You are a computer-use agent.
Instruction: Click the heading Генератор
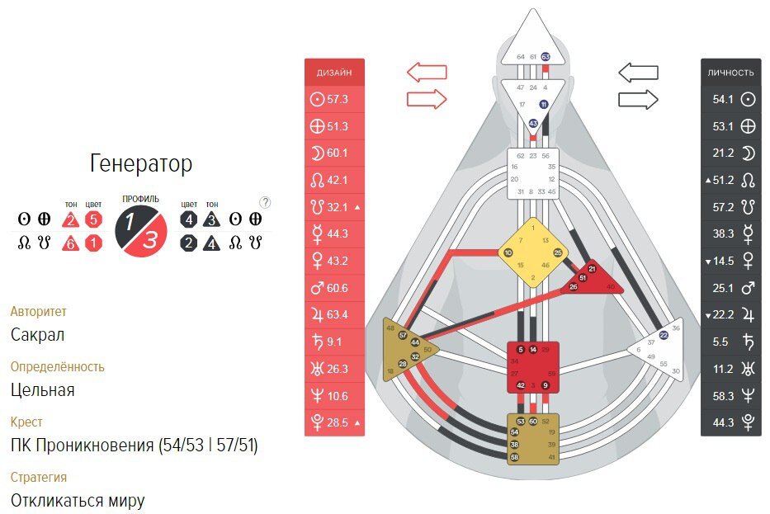point(140,163)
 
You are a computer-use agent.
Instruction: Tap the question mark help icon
point(265,202)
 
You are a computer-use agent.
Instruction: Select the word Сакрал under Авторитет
point(38,334)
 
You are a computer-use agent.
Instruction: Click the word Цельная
point(43,389)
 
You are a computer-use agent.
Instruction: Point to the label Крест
point(26,422)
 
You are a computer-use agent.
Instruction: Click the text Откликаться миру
point(78,500)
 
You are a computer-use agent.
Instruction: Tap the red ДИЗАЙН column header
point(334,73)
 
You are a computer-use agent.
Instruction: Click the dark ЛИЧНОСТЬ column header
point(730,73)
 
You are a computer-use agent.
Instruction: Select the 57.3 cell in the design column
point(334,99)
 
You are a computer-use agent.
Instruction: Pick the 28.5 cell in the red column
point(334,422)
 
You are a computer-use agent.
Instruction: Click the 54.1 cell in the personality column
point(730,99)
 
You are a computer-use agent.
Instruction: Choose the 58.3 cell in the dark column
point(730,397)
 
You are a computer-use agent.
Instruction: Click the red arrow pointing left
point(427,72)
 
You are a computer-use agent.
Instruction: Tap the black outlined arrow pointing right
point(638,100)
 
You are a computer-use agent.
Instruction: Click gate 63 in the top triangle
point(546,56)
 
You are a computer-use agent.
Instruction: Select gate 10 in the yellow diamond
point(508,252)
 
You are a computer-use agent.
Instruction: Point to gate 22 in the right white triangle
point(664,335)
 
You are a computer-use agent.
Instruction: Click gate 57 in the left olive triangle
point(403,335)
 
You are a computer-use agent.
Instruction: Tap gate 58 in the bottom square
point(514,456)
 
